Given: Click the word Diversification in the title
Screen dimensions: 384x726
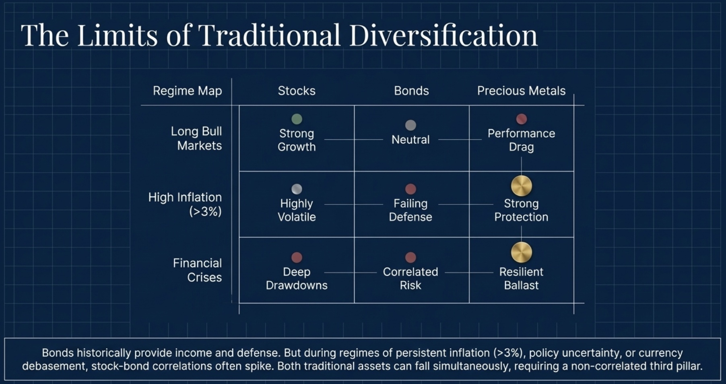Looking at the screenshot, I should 443,35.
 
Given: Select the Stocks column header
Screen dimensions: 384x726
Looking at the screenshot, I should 297,91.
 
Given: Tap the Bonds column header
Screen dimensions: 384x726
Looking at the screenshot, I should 411,91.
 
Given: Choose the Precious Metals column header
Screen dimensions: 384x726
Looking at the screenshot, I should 521,91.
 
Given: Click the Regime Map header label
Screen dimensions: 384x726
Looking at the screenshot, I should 187,91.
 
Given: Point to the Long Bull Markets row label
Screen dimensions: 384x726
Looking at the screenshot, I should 196,138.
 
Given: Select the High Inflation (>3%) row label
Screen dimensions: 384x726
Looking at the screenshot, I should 185,204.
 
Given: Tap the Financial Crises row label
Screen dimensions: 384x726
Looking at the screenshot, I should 198,270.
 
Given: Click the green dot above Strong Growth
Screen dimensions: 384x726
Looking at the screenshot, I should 297,119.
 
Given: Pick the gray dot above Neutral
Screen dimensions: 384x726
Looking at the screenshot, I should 410,125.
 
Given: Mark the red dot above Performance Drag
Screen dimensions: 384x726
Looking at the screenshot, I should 521,119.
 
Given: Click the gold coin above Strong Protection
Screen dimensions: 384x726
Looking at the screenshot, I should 521,186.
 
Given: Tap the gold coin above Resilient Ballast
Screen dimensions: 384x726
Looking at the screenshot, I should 521,252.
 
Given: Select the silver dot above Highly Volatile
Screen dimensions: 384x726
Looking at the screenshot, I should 297,189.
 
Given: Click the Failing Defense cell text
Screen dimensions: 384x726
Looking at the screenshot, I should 410,210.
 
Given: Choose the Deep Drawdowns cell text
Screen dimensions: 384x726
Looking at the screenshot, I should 297,279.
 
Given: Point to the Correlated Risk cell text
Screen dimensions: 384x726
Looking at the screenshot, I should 410,279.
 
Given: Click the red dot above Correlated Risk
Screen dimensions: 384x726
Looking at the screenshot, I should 410,257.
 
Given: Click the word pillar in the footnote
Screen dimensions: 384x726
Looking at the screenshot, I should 687,366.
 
